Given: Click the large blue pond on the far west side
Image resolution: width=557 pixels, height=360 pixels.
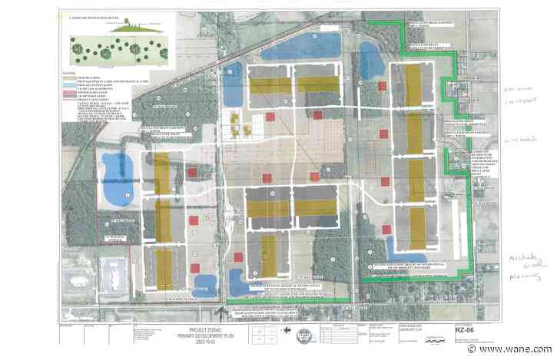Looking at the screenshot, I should pos(117,178).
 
